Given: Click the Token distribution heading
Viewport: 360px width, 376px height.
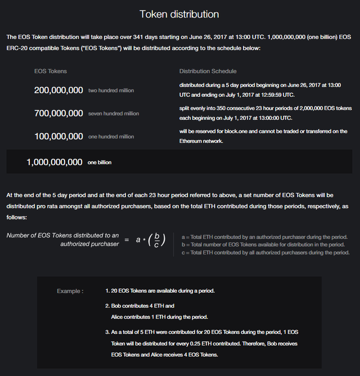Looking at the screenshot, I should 179,14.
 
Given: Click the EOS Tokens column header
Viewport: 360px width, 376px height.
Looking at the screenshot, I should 51,71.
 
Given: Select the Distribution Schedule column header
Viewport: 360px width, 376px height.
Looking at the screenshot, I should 208,71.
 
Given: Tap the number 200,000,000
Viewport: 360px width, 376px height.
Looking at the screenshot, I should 58,90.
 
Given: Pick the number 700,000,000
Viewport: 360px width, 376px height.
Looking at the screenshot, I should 58,113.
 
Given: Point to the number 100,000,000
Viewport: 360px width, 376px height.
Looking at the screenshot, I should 58,136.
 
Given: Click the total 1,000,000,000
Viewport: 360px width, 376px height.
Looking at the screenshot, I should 55,162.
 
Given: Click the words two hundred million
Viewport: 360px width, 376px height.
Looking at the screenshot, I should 111,91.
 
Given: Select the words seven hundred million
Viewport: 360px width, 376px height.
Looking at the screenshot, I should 114,114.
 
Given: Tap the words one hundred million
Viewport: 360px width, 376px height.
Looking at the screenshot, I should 111,137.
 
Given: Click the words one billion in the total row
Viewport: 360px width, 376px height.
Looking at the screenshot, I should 100,163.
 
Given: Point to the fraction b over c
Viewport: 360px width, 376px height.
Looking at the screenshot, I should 157,240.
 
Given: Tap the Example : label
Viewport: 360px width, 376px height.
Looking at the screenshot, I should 70,291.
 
